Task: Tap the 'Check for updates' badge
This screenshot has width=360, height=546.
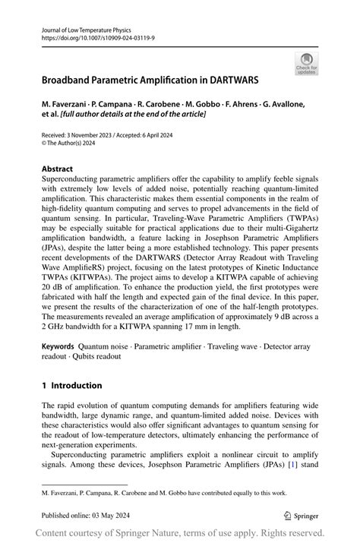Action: tap(307, 63)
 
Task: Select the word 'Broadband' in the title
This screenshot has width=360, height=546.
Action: tap(66, 78)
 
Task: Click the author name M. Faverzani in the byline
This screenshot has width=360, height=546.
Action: tap(65, 103)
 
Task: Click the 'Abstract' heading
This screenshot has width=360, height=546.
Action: tap(58, 169)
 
